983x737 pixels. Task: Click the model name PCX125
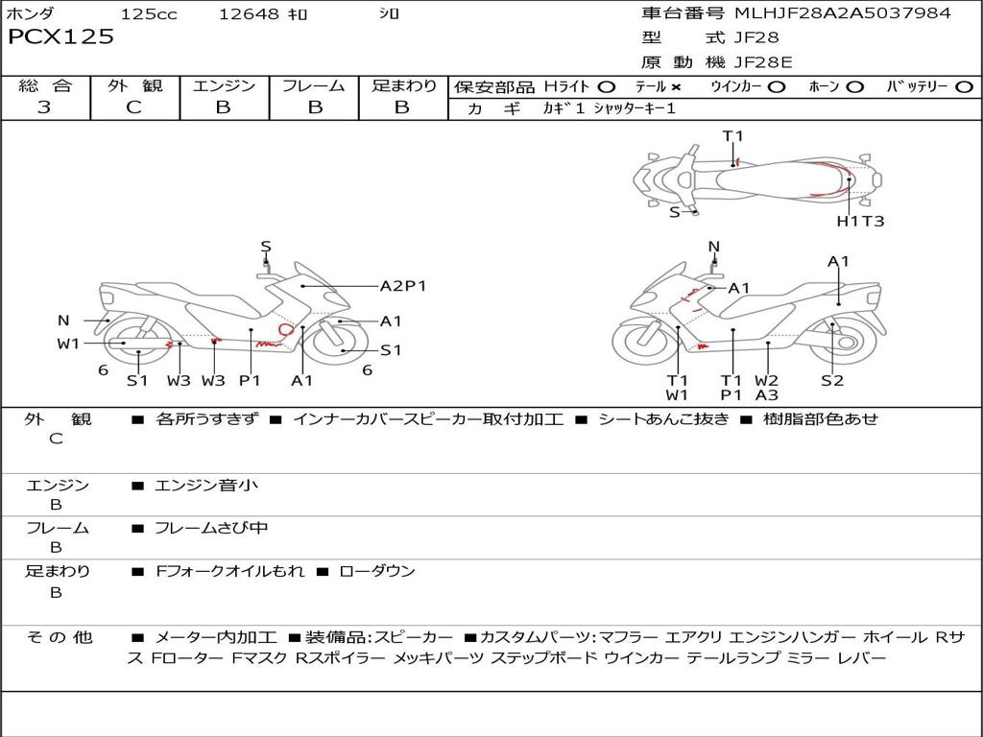coord(60,36)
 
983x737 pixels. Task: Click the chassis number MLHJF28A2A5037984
coord(842,13)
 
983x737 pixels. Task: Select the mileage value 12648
coord(249,14)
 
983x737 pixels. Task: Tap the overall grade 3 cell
coord(44,107)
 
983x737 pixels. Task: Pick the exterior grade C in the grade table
coord(134,107)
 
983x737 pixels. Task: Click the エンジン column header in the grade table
coord(224,86)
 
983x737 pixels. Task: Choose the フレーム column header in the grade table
coord(314,86)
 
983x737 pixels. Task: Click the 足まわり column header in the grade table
coord(403,86)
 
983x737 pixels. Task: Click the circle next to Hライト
coord(606,87)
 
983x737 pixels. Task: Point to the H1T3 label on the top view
coord(860,221)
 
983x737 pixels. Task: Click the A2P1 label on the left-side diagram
coord(403,286)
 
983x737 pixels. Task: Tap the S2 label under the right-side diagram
coord(831,380)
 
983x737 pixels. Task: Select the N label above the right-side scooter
coord(713,247)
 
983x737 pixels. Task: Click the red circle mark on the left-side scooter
coord(285,329)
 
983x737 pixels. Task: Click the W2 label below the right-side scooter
coord(766,380)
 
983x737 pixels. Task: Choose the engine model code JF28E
coord(763,62)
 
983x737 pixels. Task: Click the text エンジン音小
coord(206,486)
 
